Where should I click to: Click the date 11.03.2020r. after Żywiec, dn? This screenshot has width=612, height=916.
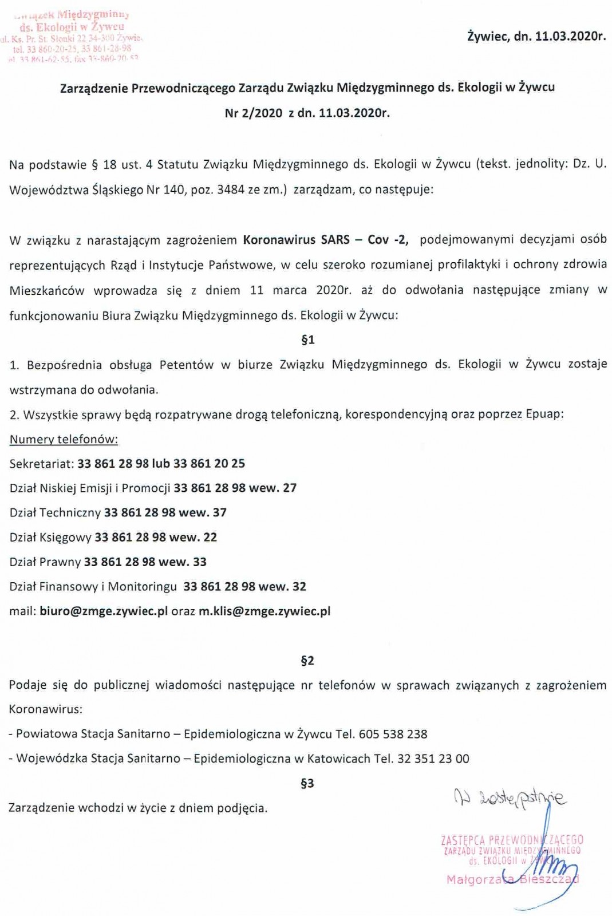570,37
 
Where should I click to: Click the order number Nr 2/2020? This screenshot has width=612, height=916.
254,113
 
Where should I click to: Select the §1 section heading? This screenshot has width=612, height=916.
307,340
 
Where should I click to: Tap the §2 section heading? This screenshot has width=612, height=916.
307,661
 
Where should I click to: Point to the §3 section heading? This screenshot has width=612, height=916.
307,783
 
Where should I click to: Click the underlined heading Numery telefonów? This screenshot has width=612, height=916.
64,439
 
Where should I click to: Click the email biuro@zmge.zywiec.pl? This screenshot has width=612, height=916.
104,611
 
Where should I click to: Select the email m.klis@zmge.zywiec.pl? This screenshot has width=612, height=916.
264,611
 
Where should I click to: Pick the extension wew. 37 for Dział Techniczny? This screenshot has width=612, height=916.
203,512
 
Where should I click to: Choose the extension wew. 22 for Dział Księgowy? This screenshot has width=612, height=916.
194,537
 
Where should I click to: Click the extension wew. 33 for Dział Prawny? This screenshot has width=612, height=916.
183,562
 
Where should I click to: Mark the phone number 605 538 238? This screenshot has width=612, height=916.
393,734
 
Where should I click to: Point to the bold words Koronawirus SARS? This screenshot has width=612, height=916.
296,239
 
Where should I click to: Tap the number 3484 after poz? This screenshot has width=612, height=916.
231,189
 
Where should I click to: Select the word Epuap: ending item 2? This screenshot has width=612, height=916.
544,414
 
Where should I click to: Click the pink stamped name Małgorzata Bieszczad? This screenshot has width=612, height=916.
512,879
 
